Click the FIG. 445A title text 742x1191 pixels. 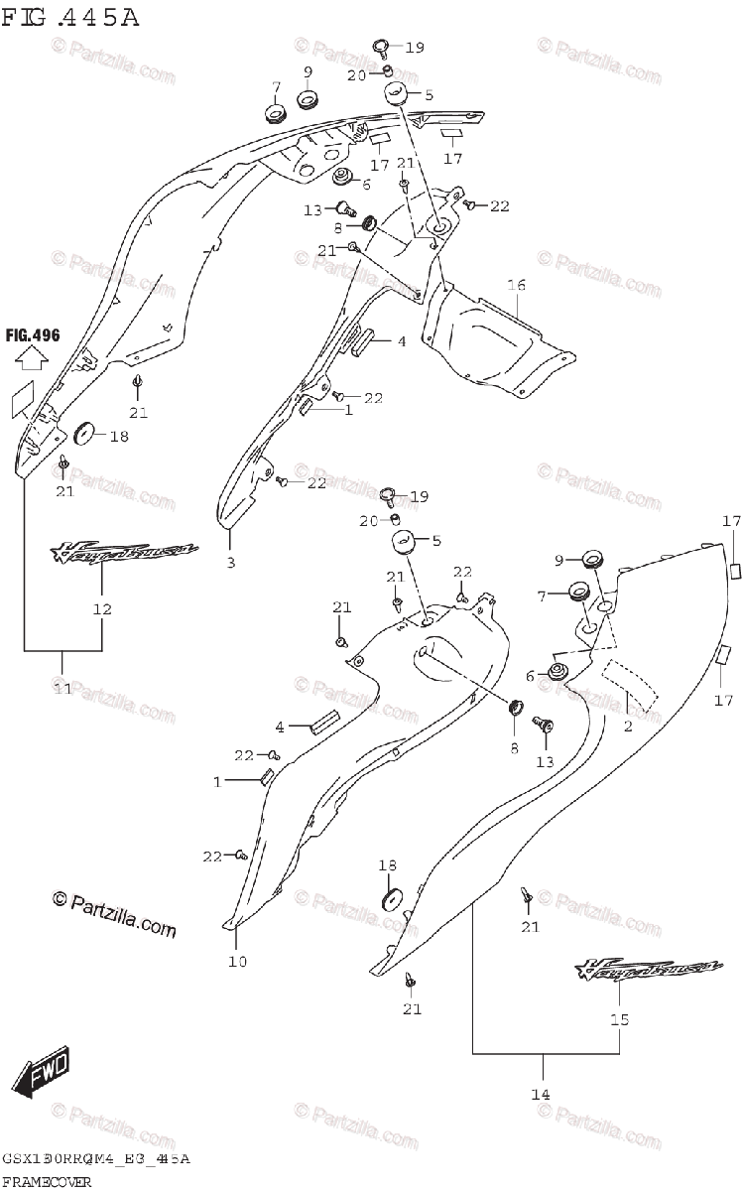(70, 17)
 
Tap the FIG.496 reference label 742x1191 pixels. (33, 334)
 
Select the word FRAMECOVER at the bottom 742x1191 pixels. (47, 1181)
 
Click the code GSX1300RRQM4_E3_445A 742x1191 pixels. (96, 1159)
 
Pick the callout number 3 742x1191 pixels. (230, 564)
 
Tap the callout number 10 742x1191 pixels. (237, 960)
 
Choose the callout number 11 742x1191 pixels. (63, 688)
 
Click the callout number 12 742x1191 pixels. (103, 608)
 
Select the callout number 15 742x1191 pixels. (620, 1018)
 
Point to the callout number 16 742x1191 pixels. (516, 285)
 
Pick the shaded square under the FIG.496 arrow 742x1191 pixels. (24, 399)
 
